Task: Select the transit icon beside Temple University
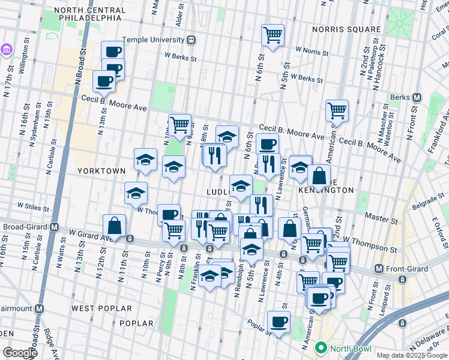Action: [x=191, y=40]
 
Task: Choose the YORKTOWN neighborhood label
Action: [x=101, y=171]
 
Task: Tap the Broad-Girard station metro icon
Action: [x=54, y=227]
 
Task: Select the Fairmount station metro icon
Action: [x=39, y=308]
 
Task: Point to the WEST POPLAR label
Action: [x=101, y=308]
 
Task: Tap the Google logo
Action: [x=20, y=353]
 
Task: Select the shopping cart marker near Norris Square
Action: [x=273, y=35]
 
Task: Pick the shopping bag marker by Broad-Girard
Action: [x=114, y=226]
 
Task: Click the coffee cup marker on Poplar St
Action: [x=279, y=322]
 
